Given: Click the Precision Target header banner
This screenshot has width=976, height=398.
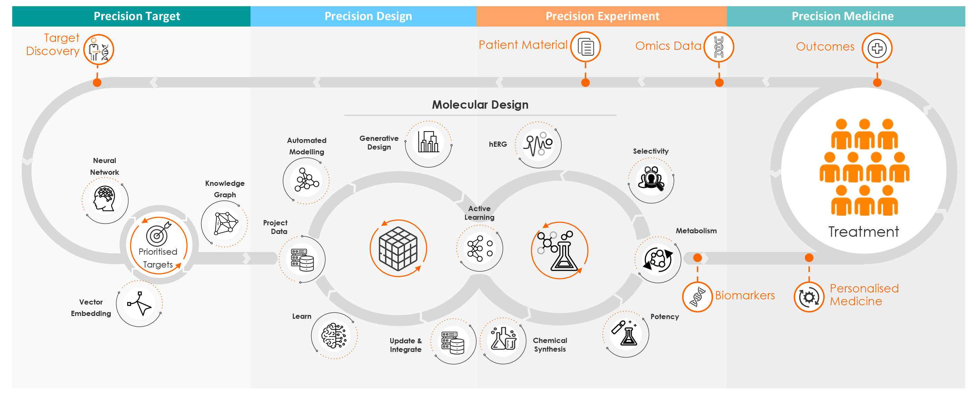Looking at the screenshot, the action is coord(131,16).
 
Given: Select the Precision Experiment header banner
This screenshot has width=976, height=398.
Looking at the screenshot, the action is coord(602,16).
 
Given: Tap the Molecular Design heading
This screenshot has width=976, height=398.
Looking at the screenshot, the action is coord(480,105).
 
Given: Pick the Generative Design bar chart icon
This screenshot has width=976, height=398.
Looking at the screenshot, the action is coord(428,142).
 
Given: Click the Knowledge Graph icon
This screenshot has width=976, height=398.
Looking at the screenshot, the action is coord(226,224).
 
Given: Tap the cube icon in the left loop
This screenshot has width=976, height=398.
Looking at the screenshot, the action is coord(398,248).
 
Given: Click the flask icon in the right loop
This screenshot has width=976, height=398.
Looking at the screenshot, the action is coord(560,251).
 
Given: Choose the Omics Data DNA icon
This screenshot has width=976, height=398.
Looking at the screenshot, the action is coord(719,47).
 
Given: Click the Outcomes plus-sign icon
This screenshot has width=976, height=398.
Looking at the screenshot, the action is coord(877,48).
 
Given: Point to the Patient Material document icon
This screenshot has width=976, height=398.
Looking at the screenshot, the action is coord(586,47).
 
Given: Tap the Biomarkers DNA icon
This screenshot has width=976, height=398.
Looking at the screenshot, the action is coord(697,297).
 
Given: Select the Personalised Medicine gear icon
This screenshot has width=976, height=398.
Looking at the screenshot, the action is coord(809,297).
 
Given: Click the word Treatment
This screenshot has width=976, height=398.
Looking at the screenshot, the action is coord(863,232).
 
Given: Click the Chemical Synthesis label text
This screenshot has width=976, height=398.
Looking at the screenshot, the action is coord(550,344).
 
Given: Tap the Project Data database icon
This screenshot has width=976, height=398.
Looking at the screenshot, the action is coord(302,260).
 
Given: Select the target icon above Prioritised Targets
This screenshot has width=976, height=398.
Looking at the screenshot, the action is coord(158,234).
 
